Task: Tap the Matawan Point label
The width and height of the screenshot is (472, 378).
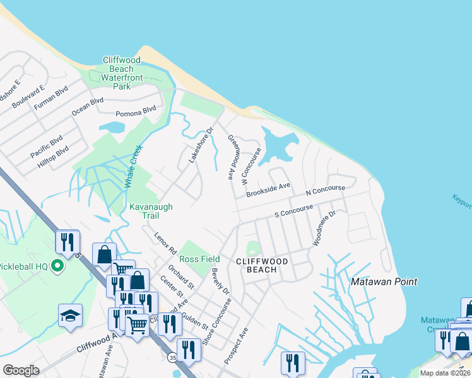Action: tap(384, 282)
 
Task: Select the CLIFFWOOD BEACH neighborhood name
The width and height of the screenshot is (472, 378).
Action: tap(261, 265)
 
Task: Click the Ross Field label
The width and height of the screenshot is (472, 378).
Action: tap(199, 259)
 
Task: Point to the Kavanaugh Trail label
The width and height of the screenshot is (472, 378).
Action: tap(151, 210)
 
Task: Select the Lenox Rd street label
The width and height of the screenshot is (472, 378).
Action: tap(165, 243)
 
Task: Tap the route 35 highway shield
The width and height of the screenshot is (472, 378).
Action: tap(172, 357)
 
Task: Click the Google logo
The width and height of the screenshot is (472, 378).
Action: tap(20, 370)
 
